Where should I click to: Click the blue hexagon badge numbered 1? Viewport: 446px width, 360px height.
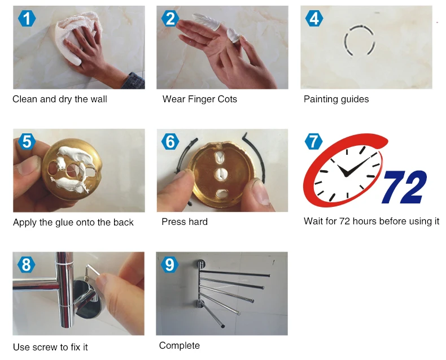coord(27,19)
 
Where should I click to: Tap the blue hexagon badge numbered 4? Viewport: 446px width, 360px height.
coord(314,19)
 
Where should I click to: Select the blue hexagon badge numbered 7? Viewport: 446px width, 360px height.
coord(313,141)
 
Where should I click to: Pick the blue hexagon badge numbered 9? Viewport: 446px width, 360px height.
coord(170,264)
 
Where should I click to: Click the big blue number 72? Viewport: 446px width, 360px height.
coord(404,187)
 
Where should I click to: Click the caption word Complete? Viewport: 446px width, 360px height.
coord(180,346)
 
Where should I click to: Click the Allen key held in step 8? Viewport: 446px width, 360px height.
coord(93,273)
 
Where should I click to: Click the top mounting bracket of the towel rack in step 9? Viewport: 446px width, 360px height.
coord(200,265)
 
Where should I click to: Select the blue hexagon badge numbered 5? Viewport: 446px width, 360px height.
coord(27,141)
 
